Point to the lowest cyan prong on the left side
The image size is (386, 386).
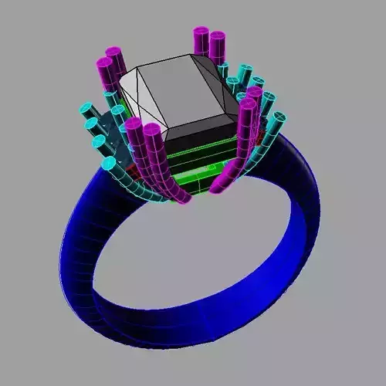click(x=109, y=164)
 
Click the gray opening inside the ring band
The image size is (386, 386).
click(x=201, y=247)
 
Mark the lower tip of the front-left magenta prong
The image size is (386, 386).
click(x=184, y=198)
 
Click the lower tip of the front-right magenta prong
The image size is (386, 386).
click(x=219, y=185)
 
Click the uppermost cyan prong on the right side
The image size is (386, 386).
click(x=246, y=71)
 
